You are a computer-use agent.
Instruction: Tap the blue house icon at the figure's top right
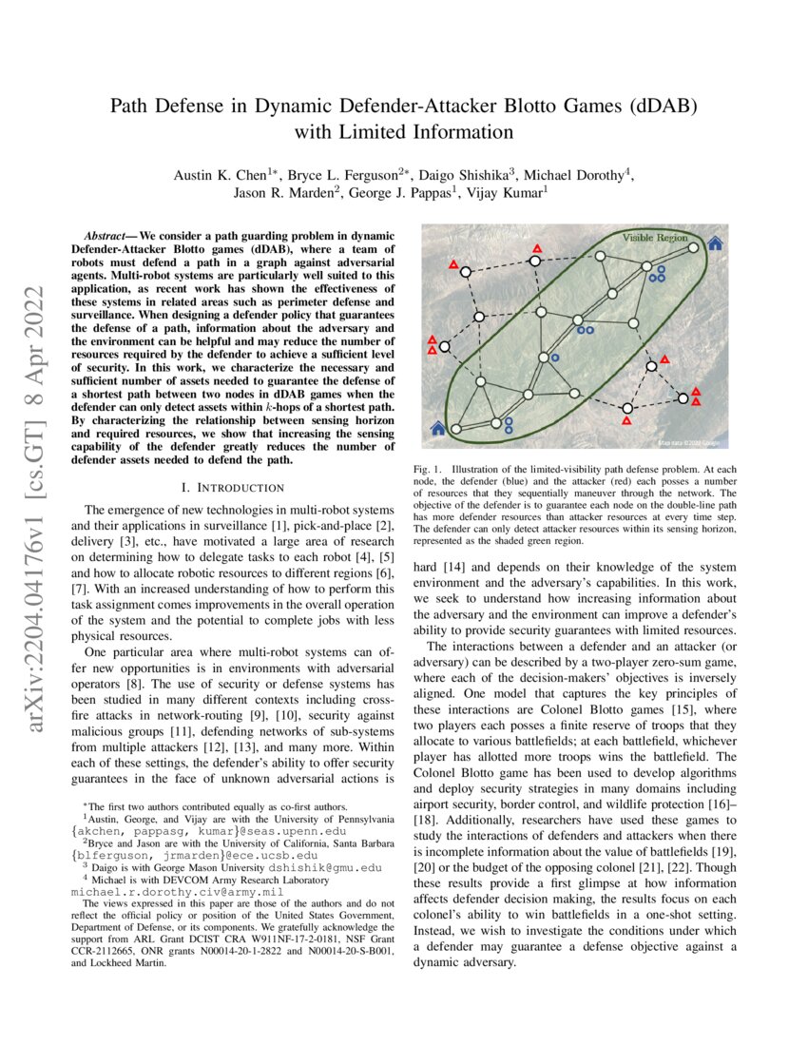click(715, 243)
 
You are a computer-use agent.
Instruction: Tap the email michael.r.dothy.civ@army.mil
click(177, 894)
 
